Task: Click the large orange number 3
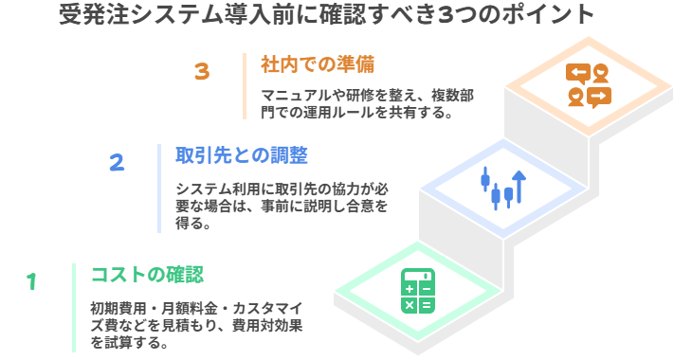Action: click(x=201, y=72)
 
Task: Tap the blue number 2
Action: click(x=117, y=163)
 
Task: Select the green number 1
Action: click(x=31, y=282)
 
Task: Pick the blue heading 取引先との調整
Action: click(x=242, y=154)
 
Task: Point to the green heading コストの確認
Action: click(x=147, y=275)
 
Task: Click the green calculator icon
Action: click(x=417, y=291)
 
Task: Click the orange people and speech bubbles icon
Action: click(x=588, y=85)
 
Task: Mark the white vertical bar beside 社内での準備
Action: click(x=245, y=86)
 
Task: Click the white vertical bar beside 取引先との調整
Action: click(x=159, y=188)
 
